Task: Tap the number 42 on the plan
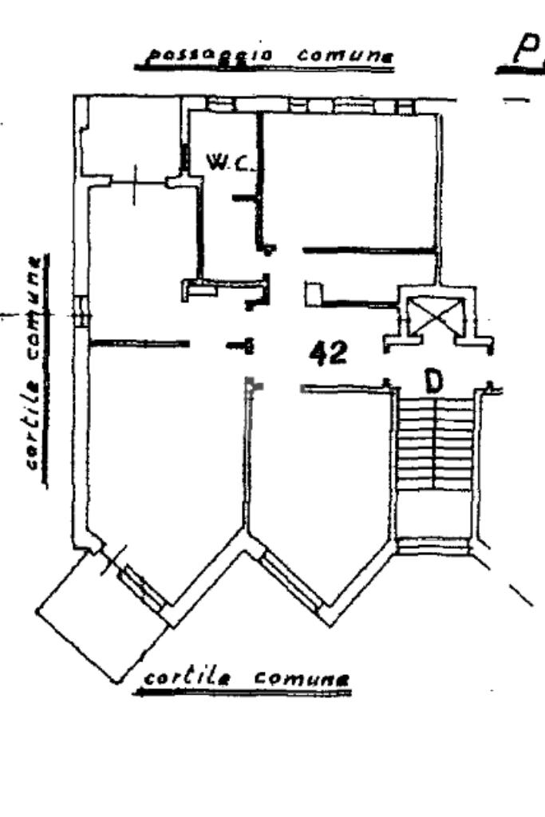pyautogui.click(x=329, y=352)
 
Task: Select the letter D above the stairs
pyautogui.click(x=433, y=382)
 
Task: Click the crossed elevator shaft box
pyautogui.click(x=435, y=314)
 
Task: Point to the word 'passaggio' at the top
pyautogui.click(x=192, y=55)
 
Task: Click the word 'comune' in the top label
pyautogui.click(x=345, y=56)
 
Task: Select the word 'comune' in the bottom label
pyautogui.click(x=302, y=678)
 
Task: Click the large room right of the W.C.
pyautogui.click(x=350, y=180)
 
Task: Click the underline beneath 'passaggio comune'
pyautogui.click(x=264, y=69)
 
